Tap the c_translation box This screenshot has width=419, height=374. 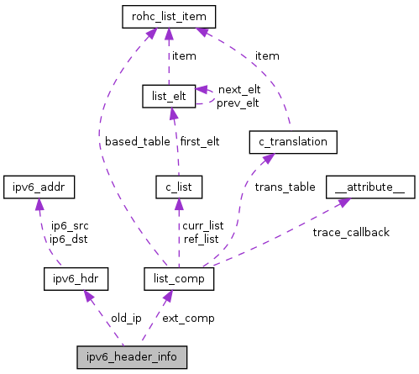click(293, 141)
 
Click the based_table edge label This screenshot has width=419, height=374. click(137, 142)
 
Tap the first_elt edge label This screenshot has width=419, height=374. click(200, 142)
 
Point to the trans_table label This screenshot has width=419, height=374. click(285, 187)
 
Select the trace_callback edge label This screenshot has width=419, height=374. click(350, 232)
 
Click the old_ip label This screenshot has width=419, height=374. click(126, 319)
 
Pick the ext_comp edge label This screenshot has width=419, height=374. click(188, 319)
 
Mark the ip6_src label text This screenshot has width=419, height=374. click(70, 226)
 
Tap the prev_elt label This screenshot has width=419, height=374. click(238, 103)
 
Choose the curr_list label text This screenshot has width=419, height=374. click(204, 226)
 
